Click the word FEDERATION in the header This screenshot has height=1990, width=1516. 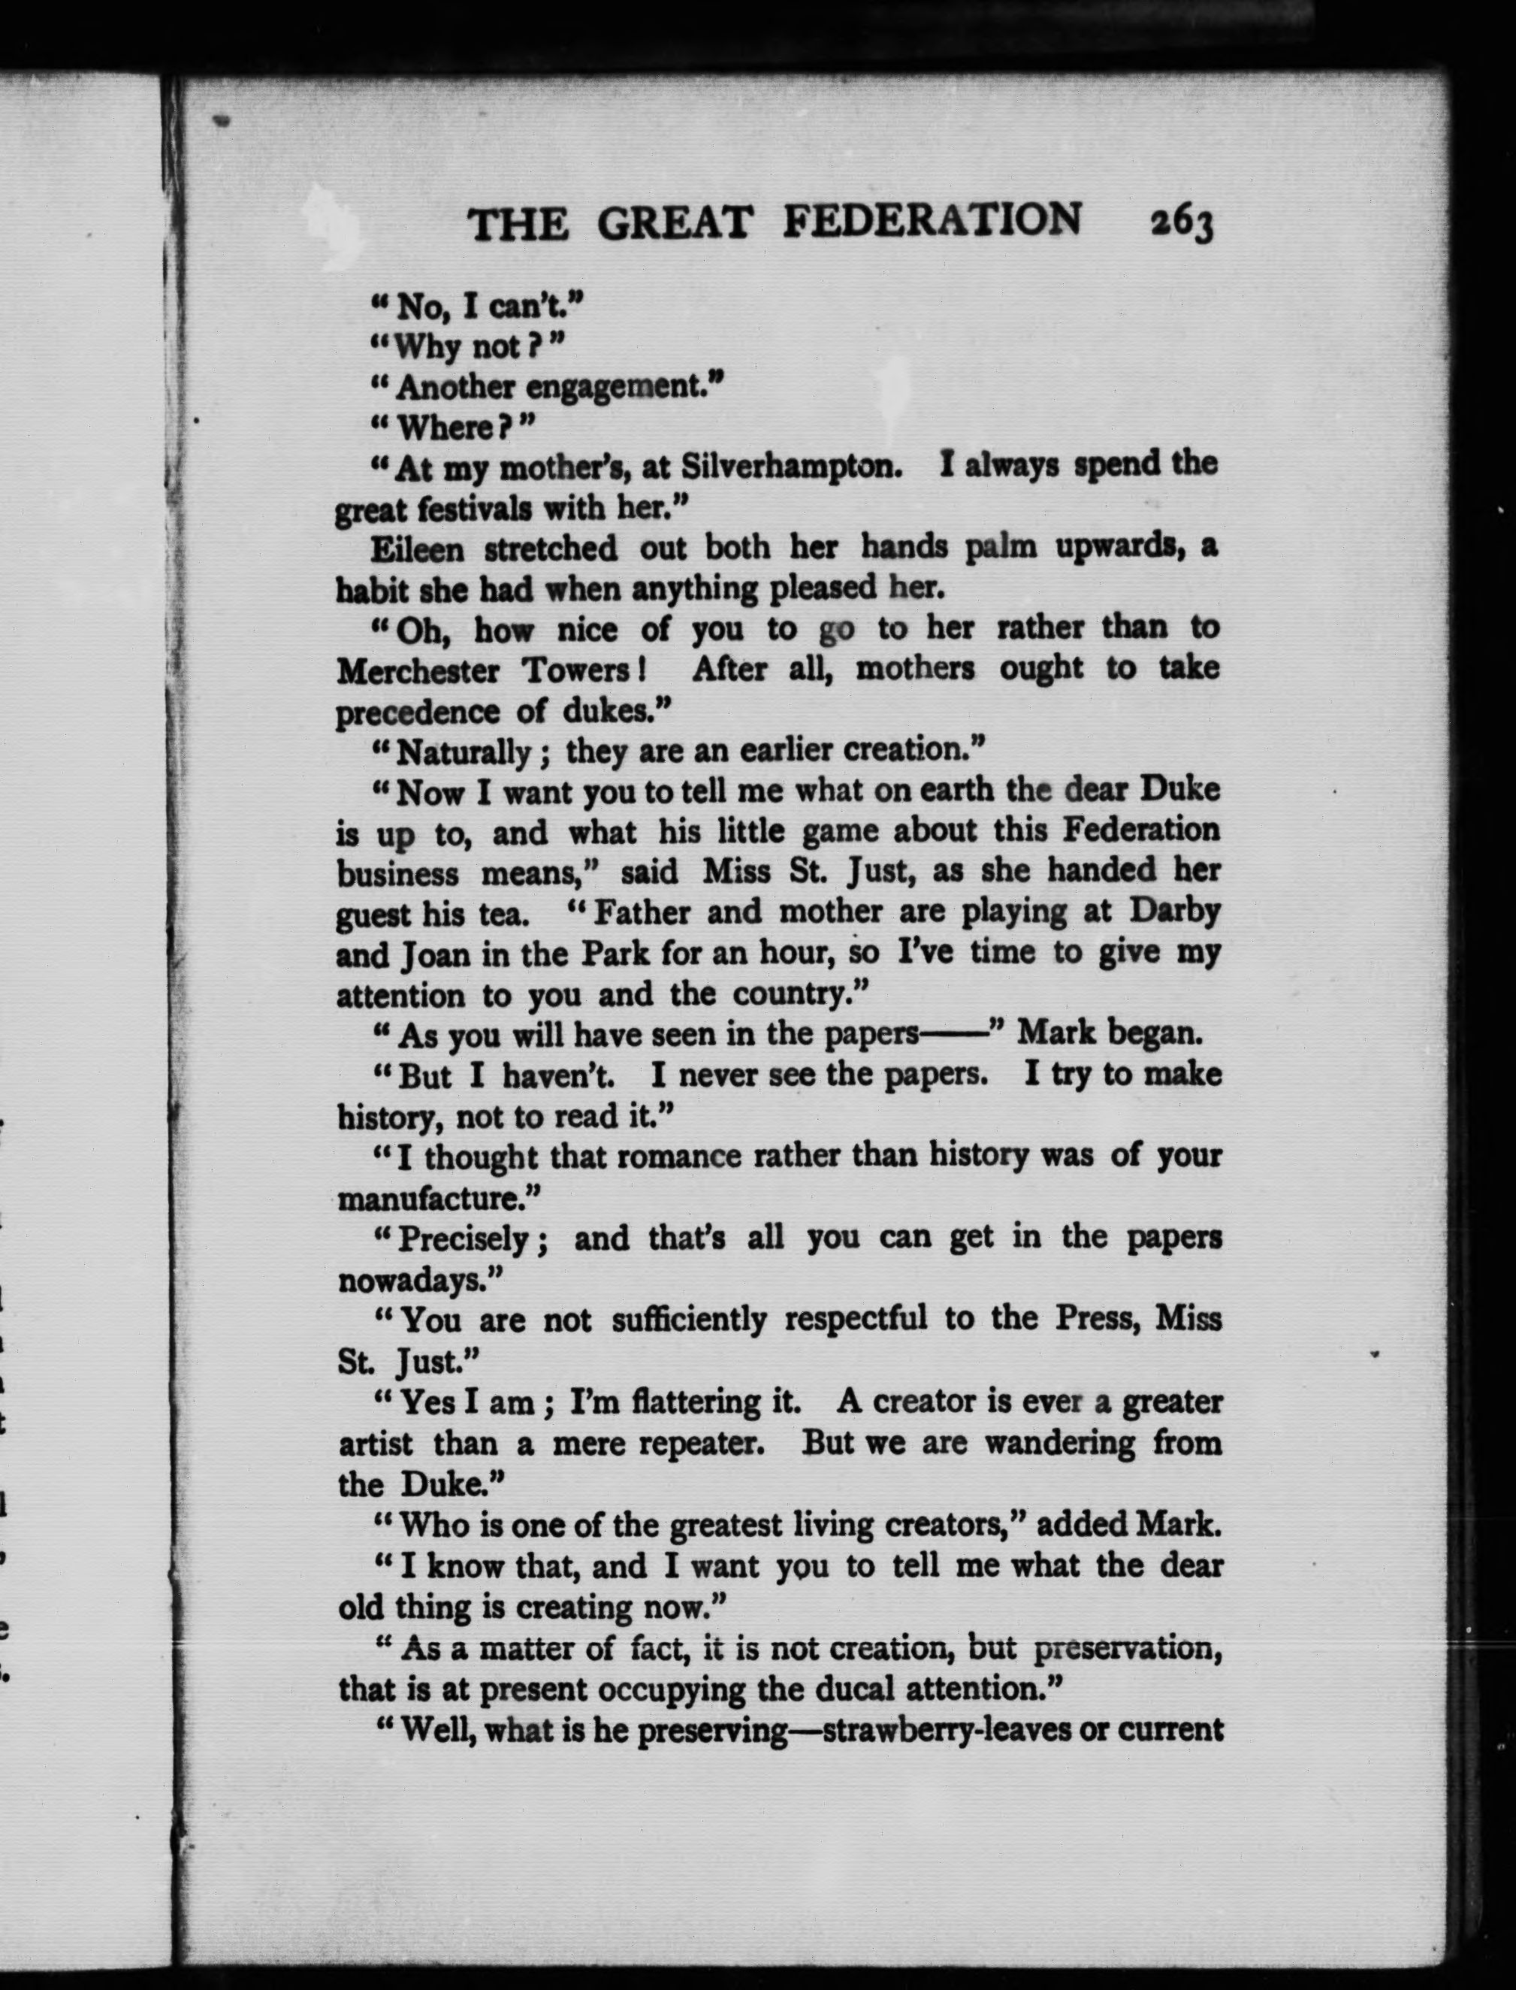point(932,221)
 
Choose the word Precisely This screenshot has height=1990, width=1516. point(463,1239)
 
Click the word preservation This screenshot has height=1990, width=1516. point(1128,1648)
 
